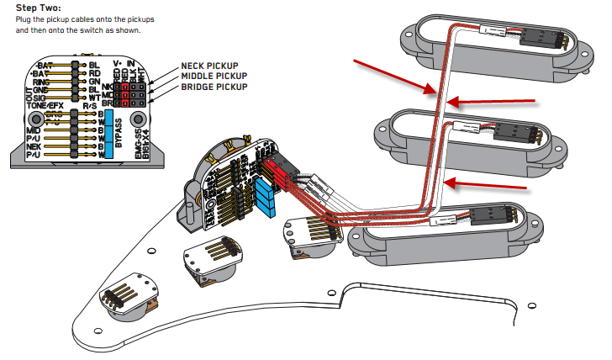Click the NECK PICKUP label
pos(209,66)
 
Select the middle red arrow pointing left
pos(492,101)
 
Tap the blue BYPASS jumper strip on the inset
pos(108,133)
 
